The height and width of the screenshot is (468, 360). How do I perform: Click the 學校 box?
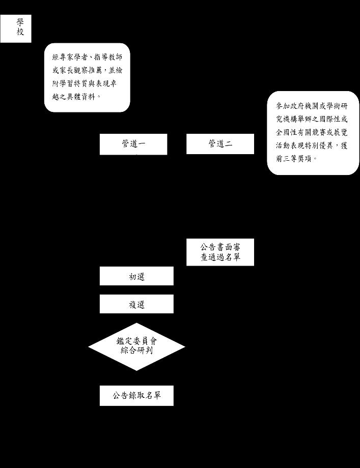tap(15, 28)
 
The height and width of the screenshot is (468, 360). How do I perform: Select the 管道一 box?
tap(133, 144)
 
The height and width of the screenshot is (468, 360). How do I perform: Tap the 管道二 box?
tap(220, 144)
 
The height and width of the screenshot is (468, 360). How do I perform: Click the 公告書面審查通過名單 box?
tap(220, 252)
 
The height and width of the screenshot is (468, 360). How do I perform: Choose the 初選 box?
tap(136, 276)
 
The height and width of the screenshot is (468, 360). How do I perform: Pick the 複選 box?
tap(136, 304)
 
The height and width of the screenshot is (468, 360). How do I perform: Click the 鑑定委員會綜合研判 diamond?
tap(136, 346)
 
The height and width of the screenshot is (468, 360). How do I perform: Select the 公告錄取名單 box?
tap(136, 395)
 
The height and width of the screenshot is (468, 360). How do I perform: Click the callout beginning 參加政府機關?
tap(313, 132)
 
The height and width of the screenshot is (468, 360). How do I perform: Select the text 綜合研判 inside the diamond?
tap(136, 351)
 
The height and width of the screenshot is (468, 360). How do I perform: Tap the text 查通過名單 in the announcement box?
tap(220, 257)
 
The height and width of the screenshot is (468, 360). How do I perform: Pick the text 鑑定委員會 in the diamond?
tap(136, 341)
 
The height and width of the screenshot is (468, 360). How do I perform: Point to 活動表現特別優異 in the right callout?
tap(305, 145)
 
